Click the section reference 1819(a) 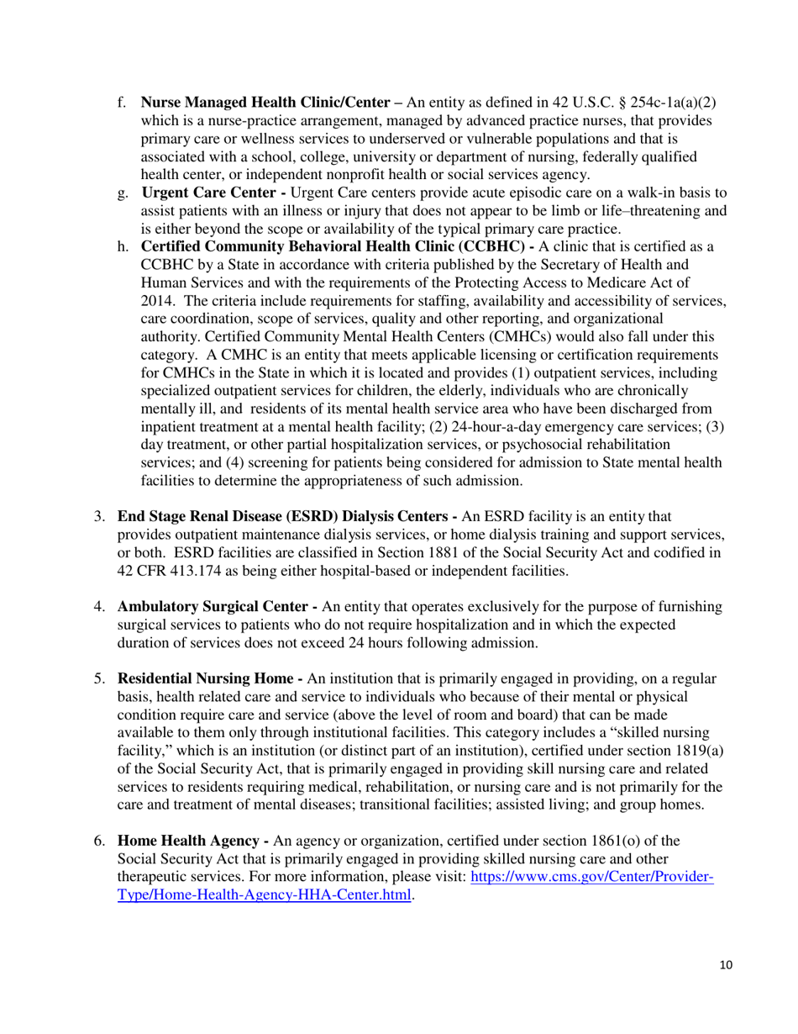(683, 748)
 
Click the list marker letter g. (122, 193)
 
